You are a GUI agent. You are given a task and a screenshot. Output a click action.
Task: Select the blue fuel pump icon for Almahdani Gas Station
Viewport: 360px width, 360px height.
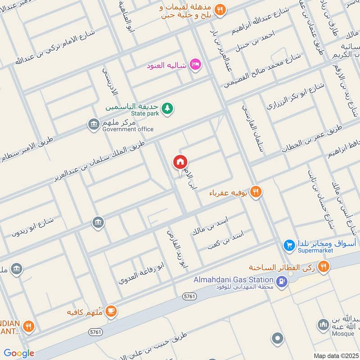point(282,282)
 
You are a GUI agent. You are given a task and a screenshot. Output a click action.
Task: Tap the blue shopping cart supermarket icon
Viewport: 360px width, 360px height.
point(289,245)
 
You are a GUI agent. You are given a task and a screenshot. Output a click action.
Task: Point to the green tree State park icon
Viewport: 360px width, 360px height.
point(167,108)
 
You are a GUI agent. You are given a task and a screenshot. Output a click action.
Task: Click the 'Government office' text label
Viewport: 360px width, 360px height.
point(128,129)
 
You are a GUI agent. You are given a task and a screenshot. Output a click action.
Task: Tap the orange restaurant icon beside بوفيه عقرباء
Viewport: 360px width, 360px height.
point(256,192)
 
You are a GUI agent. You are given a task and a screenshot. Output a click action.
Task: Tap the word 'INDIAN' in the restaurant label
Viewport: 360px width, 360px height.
point(10,323)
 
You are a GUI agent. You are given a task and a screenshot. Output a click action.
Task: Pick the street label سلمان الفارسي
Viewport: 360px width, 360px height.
point(254,130)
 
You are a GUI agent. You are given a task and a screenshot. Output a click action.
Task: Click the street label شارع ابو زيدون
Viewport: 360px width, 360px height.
point(32,227)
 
